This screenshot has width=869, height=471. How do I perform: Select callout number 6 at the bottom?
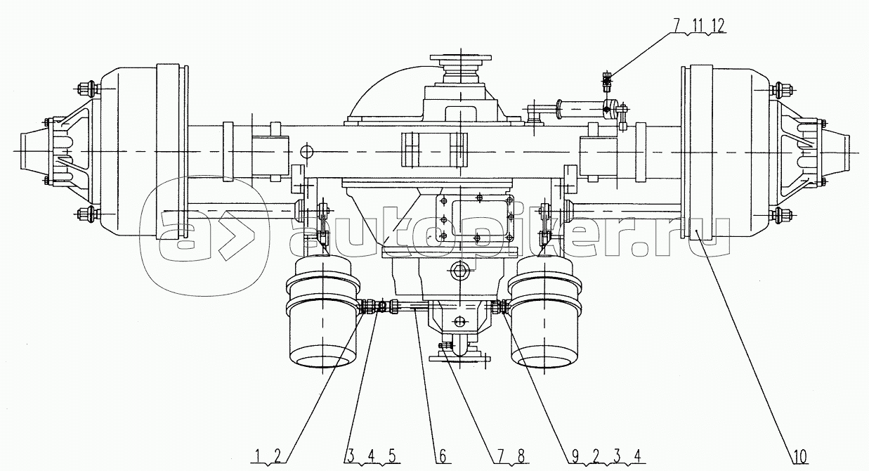click(x=443, y=457)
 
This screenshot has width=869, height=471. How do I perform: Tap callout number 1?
click(x=259, y=457)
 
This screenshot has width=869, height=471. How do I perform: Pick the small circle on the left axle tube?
click(x=306, y=150)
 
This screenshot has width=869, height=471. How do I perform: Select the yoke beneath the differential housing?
click(x=460, y=346)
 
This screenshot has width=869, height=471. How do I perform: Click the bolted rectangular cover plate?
click(x=477, y=220)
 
